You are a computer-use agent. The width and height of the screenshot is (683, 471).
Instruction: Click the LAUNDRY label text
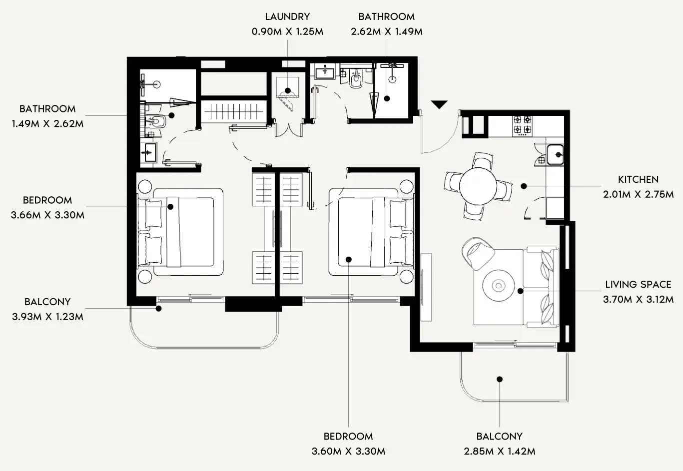click(x=287, y=16)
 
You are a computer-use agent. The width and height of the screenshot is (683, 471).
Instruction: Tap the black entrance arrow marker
click(x=439, y=104)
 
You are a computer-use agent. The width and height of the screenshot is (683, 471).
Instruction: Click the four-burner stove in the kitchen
click(x=522, y=126)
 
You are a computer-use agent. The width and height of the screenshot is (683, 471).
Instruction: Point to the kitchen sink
click(x=555, y=154)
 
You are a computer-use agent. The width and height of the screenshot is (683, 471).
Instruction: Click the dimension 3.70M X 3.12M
click(x=638, y=299)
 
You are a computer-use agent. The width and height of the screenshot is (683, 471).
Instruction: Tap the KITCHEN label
click(x=638, y=179)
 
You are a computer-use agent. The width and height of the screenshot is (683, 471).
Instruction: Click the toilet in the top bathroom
click(x=356, y=81)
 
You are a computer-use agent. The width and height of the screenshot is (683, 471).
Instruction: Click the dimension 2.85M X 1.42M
click(x=499, y=451)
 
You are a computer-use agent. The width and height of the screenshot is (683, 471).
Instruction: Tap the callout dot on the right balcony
click(x=500, y=379)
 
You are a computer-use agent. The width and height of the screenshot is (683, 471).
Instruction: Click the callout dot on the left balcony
click(x=158, y=309)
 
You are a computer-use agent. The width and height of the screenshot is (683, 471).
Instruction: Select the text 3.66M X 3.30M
click(x=47, y=215)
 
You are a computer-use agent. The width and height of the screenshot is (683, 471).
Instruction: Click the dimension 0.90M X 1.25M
click(x=287, y=31)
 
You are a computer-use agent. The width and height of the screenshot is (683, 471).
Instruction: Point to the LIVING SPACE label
click(x=638, y=284)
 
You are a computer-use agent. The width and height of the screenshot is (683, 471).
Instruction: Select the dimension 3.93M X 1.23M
click(x=47, y=317)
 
